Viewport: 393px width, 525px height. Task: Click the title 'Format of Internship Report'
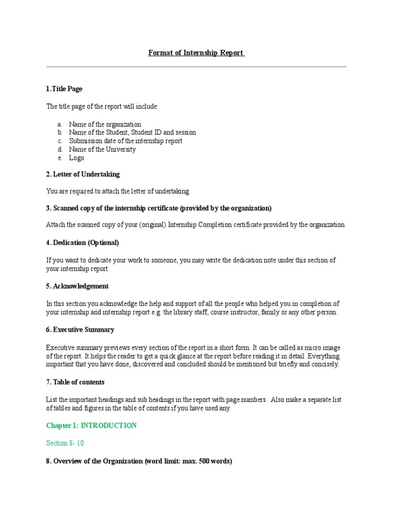(x=196, y=53)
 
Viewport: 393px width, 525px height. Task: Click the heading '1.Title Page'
(x=64, y=89)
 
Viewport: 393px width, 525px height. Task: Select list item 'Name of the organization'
(x=105, y=124)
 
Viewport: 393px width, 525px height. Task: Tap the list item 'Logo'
(x=77, y=158)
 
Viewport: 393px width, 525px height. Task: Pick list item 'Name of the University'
(x=102, y=149)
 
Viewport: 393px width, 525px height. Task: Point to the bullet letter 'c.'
(x=59, y=141)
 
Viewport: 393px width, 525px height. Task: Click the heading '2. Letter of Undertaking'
(x=83, y=174)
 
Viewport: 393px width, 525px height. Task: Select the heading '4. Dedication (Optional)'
(x=82, y=243)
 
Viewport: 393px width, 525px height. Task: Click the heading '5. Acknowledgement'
(x=77, y=286)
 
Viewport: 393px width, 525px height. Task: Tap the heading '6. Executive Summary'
(x=80, y=330)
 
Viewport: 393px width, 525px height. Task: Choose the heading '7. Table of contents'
(x=75, y=382)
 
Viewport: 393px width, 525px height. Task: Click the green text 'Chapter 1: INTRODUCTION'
(x=92, y=426)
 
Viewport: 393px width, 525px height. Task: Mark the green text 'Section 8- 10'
(x=65, y=443)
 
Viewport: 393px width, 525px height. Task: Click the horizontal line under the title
(x=196, y=67)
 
